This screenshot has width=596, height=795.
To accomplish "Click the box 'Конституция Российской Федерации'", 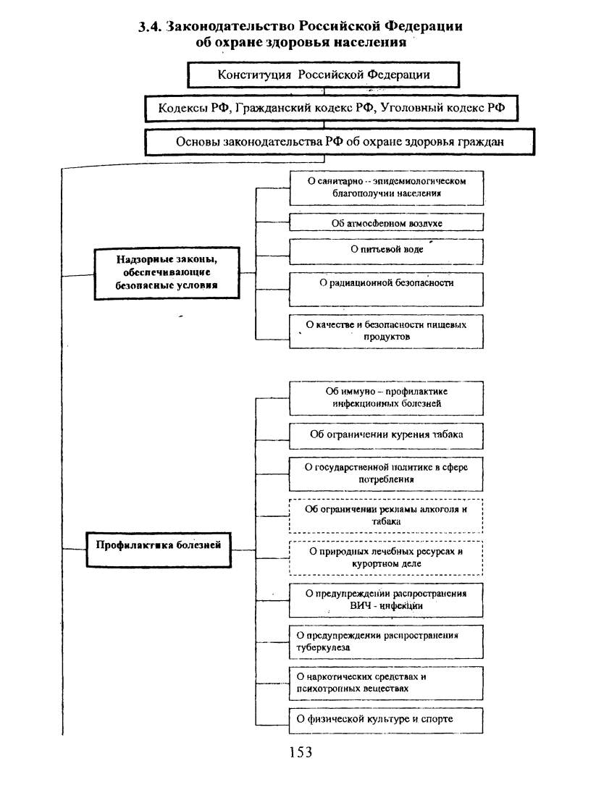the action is [x=324, y=75].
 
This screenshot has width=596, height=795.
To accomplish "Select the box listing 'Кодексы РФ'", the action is [x=332, y=108].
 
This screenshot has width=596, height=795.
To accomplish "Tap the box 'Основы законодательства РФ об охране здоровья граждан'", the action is [x=340, y=141].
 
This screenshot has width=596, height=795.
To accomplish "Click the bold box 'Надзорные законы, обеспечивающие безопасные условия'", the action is [x=167, y=273].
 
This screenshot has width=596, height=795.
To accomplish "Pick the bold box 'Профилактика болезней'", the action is [x=159, y=550].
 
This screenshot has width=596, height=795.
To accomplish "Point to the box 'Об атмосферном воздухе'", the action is [x=387, y=222].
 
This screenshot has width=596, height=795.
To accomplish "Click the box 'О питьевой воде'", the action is [x=387, y=251].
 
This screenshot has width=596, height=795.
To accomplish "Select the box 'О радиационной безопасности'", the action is [x=387, y=289].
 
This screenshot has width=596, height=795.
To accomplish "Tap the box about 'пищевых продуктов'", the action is [x=387, y=331].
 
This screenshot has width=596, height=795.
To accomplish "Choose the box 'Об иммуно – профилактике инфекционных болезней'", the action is [x=387, y=398].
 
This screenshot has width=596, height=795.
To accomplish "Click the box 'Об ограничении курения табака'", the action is [x=387, y=436].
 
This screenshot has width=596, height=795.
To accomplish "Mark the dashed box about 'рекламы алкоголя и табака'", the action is [x=386, y=516].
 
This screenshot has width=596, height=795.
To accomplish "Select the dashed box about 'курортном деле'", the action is [x=386, y=558].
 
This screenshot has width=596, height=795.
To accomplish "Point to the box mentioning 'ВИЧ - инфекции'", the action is [x=386, y=600].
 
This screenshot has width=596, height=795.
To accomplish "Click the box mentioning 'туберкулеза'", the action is [x=386, y=642].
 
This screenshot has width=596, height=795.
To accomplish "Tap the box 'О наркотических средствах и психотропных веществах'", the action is [x=386, y=683].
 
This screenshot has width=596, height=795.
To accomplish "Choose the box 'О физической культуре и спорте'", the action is [x=386, y=720].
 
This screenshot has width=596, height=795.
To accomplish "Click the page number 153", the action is [x=301, y=752].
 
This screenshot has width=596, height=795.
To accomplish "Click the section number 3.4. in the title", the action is [x=150, y=26].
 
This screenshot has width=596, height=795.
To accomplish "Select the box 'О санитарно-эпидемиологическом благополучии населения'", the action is [x=387, y=188].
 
